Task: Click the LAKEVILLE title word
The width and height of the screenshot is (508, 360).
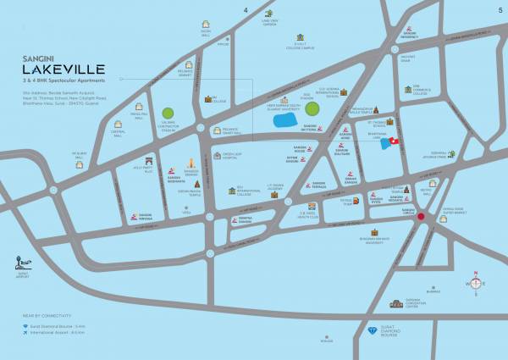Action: pos(65,68)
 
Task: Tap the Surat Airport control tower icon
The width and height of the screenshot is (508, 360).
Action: pos(23,263)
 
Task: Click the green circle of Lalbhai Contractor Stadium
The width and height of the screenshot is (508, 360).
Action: pos(168,113)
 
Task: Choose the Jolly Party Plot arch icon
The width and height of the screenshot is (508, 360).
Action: pos(149,160)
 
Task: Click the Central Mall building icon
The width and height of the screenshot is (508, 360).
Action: pos(118,127)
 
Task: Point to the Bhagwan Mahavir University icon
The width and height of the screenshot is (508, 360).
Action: pos(373,231)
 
